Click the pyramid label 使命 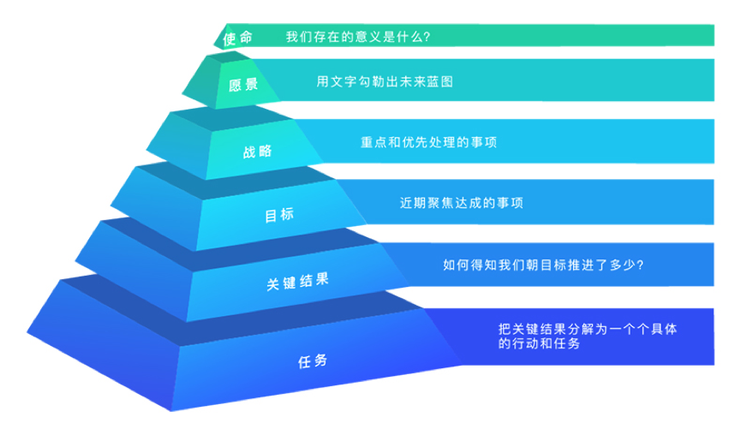coord(237,38)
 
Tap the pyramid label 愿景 coord(243,86)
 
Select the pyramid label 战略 coord(258,152)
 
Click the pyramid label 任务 coord(313,361)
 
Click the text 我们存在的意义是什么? coord(358,37)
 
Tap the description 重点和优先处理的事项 coord(429,142)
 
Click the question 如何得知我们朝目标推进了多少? coord(544,265)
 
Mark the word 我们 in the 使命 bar coord(298,37)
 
